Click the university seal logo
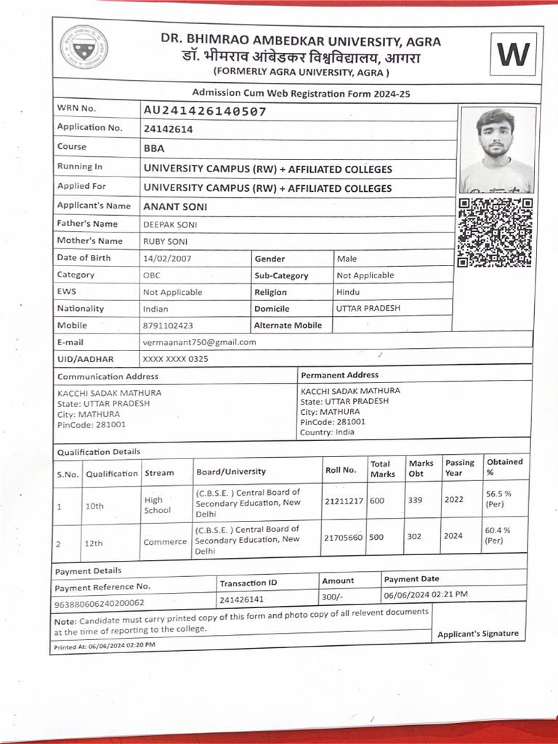[x=84, y=47]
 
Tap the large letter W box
[x=513, y=54]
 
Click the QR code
[x=495, y=232]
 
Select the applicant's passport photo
[x=497, y=150]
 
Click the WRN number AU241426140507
[x=205, y=111]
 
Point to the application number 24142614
[x=168, y=129]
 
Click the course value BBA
[x=154, y=148]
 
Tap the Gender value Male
[x=347, y=258]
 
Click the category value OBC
[x=152, y=275]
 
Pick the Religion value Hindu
[x=347, y=291]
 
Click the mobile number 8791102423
[x=168, y=325]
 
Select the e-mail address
[x=199, y=341]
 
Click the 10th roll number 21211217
[x=344, y=501]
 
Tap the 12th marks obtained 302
[x=414, y=536]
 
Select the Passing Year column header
[x=459, y=468]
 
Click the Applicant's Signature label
[x=477, y=634]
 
